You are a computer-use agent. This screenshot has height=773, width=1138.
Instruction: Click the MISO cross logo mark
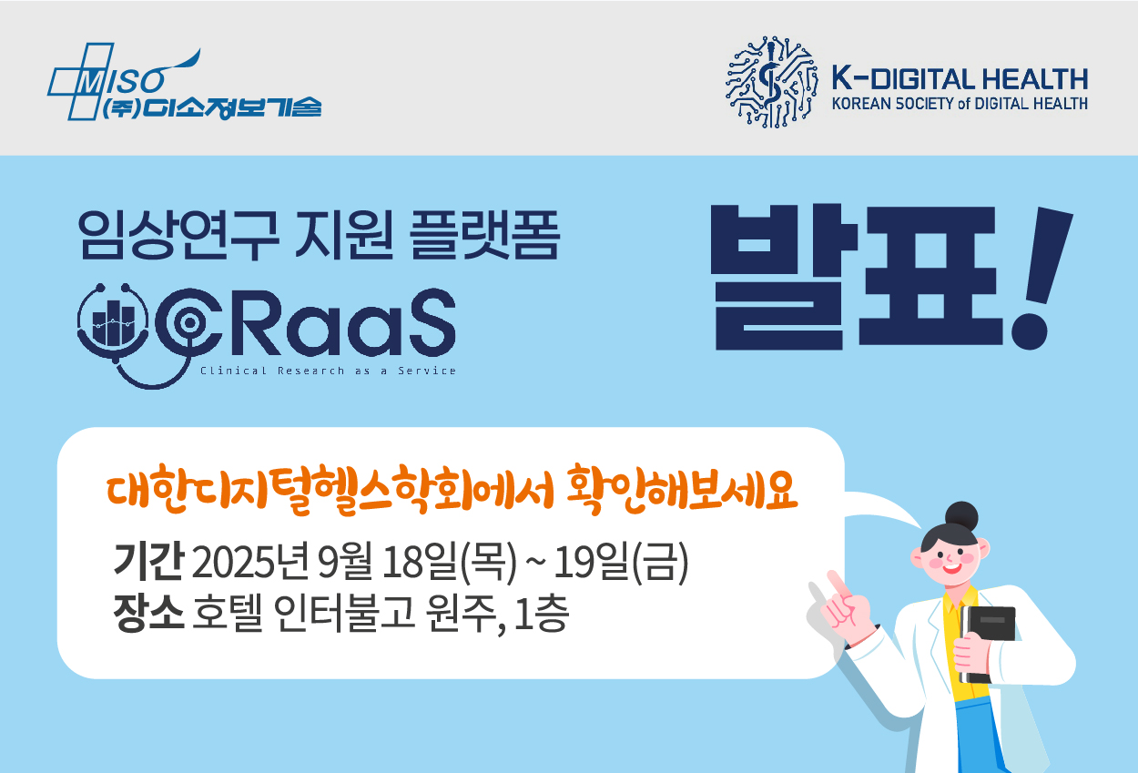click(81, 81)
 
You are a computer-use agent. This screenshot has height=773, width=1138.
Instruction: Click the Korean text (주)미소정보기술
click(212, 108)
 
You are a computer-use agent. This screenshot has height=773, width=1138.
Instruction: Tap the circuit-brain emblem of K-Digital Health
click(772, 81)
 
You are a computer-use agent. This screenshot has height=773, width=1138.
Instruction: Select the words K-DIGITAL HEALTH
click(960, 79)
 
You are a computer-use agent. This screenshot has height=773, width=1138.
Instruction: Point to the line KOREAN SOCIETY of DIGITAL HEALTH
click(960, 104)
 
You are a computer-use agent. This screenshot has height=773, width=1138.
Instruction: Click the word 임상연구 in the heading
click(178, 235)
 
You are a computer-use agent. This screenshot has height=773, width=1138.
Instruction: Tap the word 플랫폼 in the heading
click(484, 235)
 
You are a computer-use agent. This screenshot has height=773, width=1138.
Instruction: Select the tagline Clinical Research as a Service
click(328, 371)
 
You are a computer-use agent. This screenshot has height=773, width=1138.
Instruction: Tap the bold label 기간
click(148, 561)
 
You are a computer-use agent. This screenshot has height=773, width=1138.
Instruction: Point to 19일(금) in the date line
click(621, 562)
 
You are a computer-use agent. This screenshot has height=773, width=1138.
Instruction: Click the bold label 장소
click(148, 613)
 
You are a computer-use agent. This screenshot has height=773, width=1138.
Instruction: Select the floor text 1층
click(542, 614)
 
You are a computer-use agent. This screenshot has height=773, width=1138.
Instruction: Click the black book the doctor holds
click(987, 644)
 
